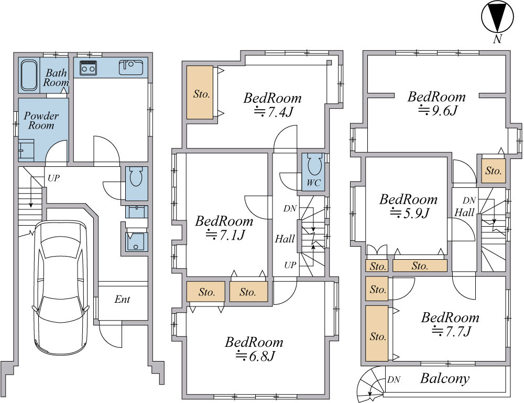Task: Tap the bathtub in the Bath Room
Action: point(29,76)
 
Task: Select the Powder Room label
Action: point(41,121)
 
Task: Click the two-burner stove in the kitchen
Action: point(88,68)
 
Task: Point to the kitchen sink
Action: point(131,67)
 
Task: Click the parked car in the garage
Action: point(61,288)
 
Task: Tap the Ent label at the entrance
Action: point(122,299)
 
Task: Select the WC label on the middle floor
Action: point(313,183)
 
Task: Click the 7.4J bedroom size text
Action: point(274,111)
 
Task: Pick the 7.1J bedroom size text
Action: point(225,235)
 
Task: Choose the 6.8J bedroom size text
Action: point(255,356)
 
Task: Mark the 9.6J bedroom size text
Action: point(438,110)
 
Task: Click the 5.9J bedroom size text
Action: point(409,213)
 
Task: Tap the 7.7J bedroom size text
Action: point(452,331)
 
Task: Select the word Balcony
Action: point(445,378)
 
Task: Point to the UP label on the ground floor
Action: point(53,178)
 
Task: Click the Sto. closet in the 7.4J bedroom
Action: point(200,92)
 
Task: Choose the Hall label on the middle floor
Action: point(285,239)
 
